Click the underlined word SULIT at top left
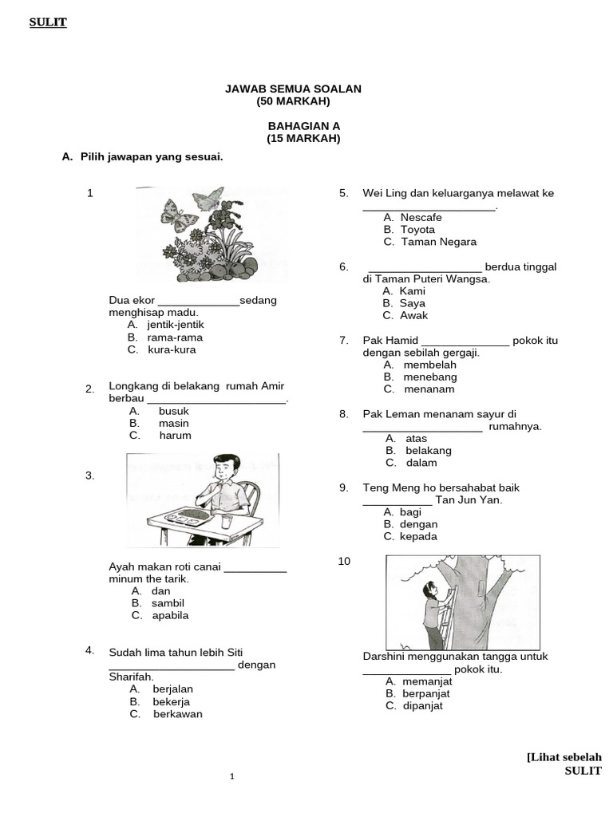(48, 22)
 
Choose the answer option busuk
(173, 411)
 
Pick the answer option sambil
(168, 603)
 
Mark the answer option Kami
(413, 291)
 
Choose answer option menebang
(429, 377)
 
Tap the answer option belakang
(429, 450)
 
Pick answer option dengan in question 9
(420, 524)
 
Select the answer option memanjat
(429, 681)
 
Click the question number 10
(344, 562)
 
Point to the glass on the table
(227, 521)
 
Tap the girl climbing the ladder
(433, 613)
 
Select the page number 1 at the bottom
(231, 776)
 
